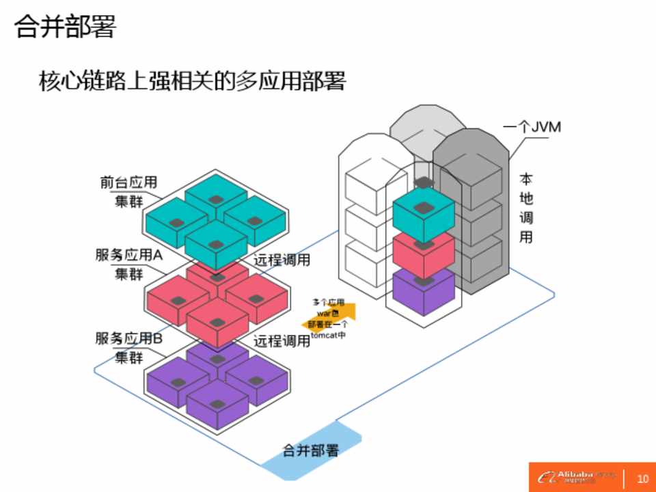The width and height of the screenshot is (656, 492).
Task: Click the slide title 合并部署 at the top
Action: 66,27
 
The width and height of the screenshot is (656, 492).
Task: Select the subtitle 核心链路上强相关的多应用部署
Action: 193,82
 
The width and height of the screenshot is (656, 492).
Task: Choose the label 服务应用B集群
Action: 128,347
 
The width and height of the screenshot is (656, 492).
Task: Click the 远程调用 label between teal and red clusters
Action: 282,260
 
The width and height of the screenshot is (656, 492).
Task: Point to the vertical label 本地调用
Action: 526,208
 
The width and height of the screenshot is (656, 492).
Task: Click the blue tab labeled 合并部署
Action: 311,451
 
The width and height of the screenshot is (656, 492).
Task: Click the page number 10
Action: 642,477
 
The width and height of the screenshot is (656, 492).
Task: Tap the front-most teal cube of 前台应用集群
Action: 217,246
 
